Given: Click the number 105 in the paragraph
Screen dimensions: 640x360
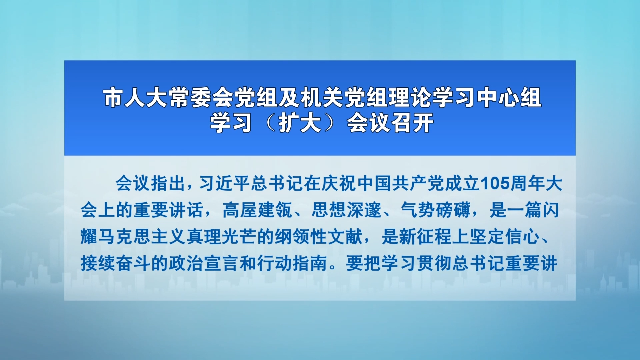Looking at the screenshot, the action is (495, 184).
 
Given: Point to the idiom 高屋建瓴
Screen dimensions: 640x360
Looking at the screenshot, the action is (258, 210).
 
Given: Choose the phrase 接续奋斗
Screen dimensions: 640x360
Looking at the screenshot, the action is (116, 263).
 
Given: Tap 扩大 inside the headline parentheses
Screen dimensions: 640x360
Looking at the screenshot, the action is (300, 123).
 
